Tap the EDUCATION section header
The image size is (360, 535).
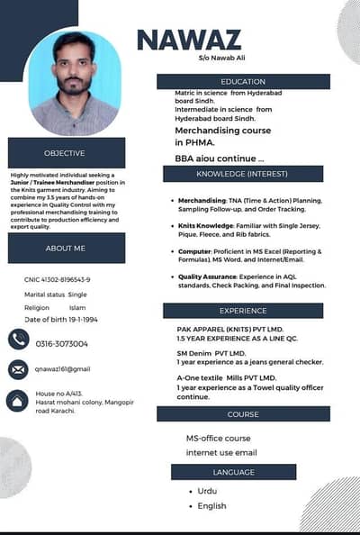pos(242,82)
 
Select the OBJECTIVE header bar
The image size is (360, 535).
pos(65,153)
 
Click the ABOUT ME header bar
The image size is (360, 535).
pos(66,248)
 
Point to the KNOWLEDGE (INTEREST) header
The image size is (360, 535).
pos(242,173)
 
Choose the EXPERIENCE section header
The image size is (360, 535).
pos(242,311)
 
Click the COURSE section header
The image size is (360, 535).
pos(242,414)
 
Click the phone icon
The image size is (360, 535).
pos(18,339)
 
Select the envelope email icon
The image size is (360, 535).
pos(18,369)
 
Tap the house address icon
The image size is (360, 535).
pos(18,400)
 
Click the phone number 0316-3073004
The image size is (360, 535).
pos(62,344)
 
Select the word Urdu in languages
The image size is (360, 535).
pos(208,492)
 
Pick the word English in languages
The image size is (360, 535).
pos(211,506)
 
